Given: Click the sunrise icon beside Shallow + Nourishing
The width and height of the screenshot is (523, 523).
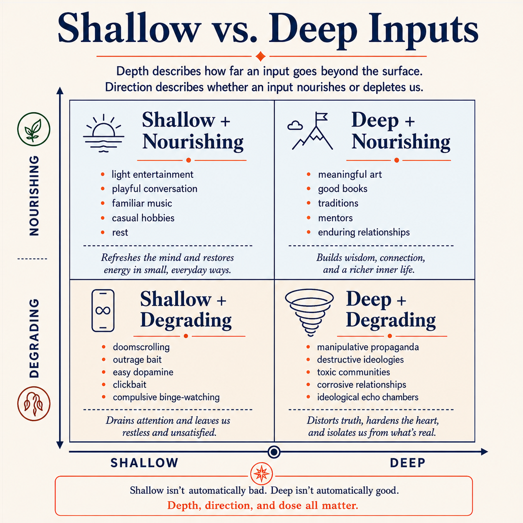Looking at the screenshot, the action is [x=103, y=133].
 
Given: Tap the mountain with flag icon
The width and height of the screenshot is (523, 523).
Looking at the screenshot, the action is [x=312, y=131].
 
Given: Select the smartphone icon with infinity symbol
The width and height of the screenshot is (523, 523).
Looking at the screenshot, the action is [x=103, y=310].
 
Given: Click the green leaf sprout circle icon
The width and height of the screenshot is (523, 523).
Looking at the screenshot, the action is [x=34, y=129].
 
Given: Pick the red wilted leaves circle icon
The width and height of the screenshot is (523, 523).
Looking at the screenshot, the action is [x=34, y=404].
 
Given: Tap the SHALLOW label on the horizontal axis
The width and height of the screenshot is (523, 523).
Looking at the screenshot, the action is [x=144, y=463].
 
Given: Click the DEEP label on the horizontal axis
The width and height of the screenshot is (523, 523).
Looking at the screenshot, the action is [x=407, y=463].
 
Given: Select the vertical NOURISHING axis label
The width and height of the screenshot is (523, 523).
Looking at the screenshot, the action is [x=34, y=196].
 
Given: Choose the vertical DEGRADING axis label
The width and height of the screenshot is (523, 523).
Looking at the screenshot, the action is [x=34, y=338].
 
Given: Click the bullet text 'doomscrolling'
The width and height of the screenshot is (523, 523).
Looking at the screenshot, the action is [x=141, y=347].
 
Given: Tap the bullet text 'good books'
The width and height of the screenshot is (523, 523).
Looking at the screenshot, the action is [x=342, y=189].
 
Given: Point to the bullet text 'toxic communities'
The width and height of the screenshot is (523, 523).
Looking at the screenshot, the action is [x=353, y=372].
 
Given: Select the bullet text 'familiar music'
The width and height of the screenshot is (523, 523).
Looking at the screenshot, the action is [x=142, y=203].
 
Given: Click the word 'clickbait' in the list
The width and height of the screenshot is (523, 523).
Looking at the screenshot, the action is [x=129, y=385].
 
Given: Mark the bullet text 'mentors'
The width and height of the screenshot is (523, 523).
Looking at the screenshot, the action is [x=335, y=218].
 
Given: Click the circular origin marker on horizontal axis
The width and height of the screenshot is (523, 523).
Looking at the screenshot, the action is [x=274, y=452].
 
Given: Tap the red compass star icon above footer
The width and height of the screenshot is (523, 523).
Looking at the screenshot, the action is [x=261, y=474].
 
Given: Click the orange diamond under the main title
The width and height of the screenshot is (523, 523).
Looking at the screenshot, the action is [x=261, y=56].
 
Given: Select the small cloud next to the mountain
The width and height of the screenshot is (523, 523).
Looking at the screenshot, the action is [x=295, y=126].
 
